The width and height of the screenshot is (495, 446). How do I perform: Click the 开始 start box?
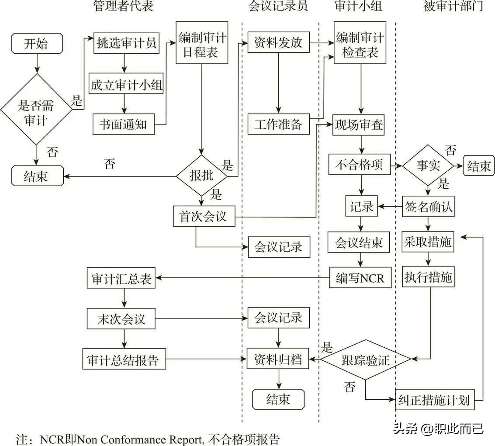pos(37,45)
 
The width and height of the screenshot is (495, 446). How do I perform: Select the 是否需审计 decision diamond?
pos(37,109)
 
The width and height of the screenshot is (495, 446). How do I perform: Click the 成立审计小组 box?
pos(126,85)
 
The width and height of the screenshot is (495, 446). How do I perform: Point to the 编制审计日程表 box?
pos(202,44)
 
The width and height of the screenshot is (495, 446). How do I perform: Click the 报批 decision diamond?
pos(201,176)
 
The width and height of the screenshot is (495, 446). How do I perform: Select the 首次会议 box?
pos(203,216)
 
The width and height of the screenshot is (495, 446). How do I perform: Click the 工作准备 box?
pos(278,124)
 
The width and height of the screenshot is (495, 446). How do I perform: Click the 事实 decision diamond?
pos(428,166)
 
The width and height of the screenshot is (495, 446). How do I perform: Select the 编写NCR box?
pos(360,277)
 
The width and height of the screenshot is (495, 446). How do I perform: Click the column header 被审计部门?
pos(453,6)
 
